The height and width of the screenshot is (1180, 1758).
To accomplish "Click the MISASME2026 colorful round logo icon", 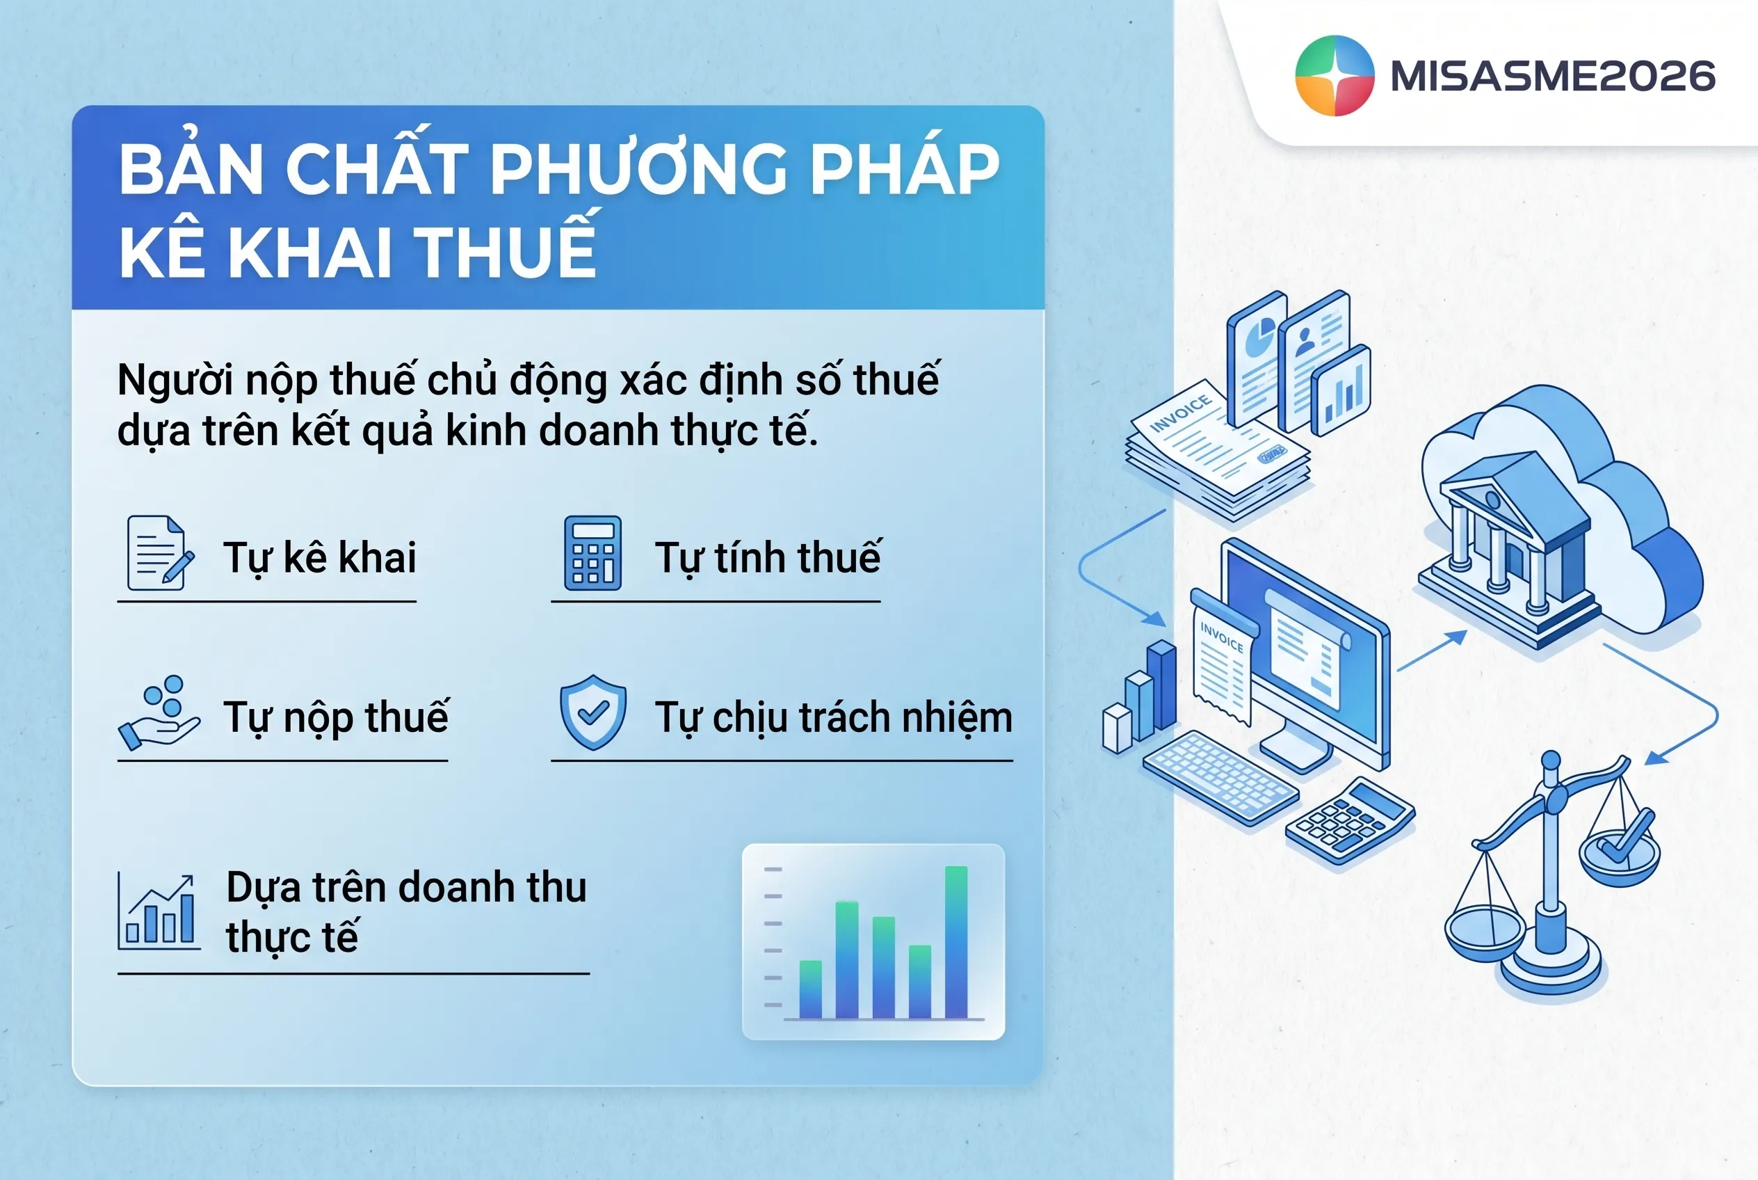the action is tap(1334, 75).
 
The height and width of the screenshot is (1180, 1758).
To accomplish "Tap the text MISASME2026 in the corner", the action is tap(1553, 76).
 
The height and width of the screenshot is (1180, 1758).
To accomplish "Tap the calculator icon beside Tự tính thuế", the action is tap(592, 552).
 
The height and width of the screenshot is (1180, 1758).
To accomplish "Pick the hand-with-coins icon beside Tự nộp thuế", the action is tap(159, 712).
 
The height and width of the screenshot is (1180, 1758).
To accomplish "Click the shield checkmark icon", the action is tap(592, 712).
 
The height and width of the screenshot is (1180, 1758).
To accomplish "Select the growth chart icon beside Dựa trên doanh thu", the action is tap(159, 911).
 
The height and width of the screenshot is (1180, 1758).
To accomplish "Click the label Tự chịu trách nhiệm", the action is tap(834, 718).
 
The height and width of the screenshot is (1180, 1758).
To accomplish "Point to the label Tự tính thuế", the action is tap(767, 557).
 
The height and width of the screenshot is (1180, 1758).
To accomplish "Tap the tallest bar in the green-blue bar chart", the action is tap(956, 942).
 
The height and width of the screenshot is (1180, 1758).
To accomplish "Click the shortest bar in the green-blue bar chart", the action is tap(810, 989).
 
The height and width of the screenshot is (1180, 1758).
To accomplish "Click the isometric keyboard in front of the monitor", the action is tap(1220, 778).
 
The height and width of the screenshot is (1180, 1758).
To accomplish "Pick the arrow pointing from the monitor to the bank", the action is tap(1432, 651).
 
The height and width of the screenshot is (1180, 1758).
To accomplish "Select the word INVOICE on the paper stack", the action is tap(1180, 413).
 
